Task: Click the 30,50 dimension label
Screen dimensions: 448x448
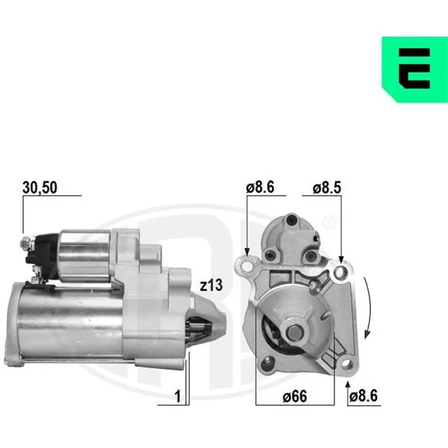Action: pos(40,187)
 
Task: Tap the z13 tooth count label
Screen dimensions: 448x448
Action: pos(211,285)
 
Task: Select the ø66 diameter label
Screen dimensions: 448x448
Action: pos(295,396)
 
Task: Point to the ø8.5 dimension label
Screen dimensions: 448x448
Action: pos(327,187)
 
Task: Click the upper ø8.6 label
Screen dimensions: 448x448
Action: pos(260,187)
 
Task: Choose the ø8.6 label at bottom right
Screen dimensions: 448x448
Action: pos(364,396)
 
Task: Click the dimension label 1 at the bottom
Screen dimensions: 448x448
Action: pos(178,396)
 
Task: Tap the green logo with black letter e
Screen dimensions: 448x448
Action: pos(414,69)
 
